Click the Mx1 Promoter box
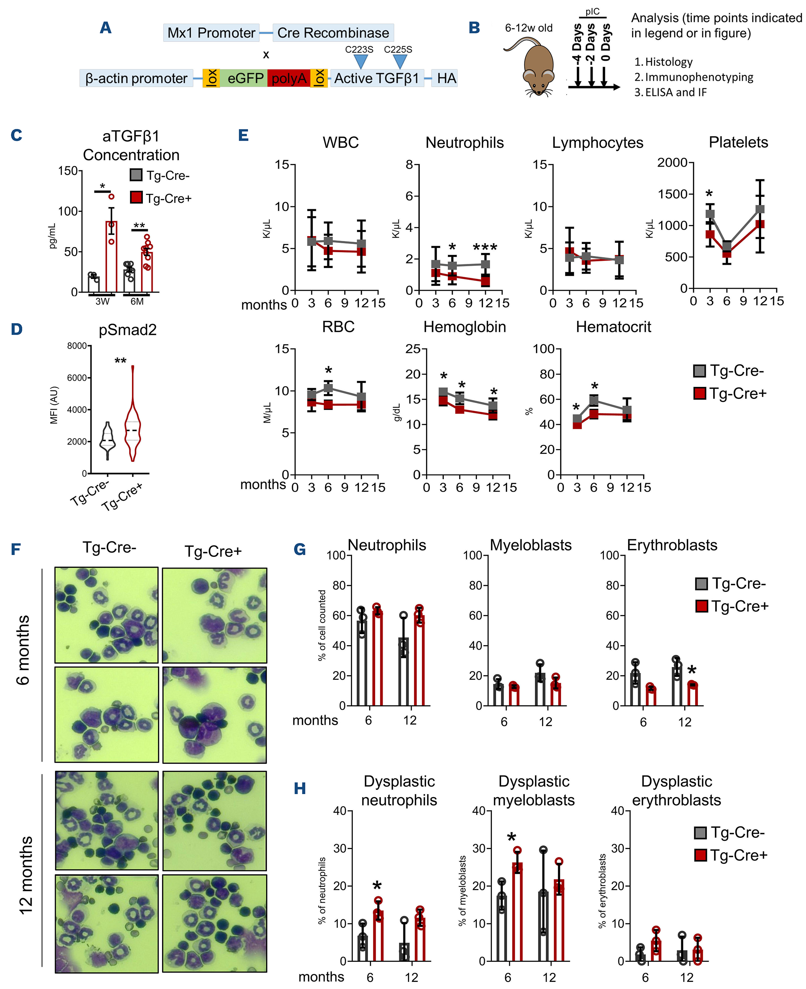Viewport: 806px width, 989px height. coord(211,33)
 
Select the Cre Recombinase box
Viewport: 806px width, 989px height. coord(333,33)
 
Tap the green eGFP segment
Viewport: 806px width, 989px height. coord(245,78)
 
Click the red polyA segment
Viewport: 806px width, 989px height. coord(289,78)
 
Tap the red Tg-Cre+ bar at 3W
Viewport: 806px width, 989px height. coord(111,256)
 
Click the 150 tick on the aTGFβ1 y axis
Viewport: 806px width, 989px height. coord(67,171)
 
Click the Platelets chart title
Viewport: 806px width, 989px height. coord(738,142)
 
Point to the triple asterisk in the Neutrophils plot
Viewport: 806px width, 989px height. coord(485,247)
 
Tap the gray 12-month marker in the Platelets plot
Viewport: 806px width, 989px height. coord(760,209)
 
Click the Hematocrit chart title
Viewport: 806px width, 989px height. coord(613,327)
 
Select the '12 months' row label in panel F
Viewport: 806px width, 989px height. coord(26,875)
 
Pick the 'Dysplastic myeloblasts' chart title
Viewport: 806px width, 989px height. coord(533,791)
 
